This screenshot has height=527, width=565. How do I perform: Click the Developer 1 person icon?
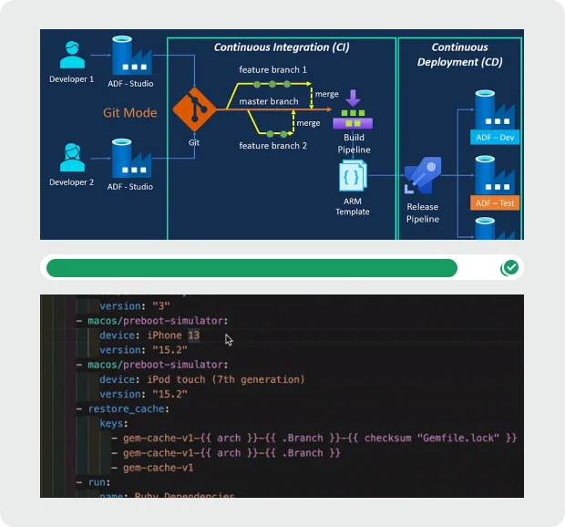point(71,56)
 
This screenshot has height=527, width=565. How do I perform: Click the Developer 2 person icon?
point(71,158)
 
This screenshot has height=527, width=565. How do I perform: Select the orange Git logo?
point(193,111)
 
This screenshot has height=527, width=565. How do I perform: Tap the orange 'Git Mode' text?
point(129,113)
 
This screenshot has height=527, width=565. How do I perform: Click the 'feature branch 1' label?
point(272,70)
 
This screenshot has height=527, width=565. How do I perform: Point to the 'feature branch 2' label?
point(272,146)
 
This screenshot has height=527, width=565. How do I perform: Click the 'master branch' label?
point(269,102)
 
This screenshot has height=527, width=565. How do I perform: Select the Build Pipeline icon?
point(353,114)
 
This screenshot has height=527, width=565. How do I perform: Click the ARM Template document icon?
point(352,177)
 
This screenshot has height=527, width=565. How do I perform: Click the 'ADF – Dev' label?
point(496,138)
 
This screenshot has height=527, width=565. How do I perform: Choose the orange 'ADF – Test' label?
point(496,203)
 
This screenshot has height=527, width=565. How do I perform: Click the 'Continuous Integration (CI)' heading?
point(282,47)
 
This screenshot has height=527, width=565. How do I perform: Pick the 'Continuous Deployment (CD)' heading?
point(459,55)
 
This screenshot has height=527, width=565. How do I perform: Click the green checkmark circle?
point(510,267)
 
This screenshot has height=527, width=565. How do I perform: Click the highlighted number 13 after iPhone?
point(193,336)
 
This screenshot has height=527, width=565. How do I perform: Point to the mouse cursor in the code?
point(229,340)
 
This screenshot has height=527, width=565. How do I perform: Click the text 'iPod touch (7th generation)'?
point(226,379)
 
